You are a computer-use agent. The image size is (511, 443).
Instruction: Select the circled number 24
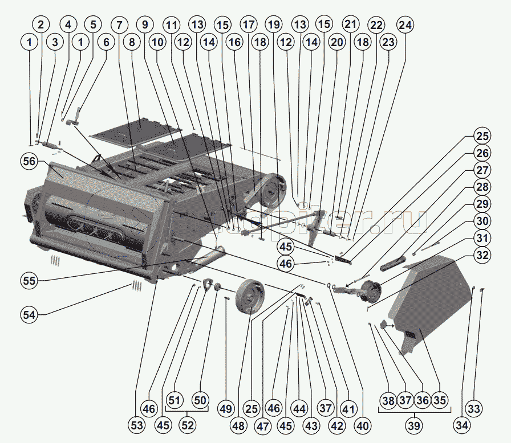pyautogui.click(x=405, y=25)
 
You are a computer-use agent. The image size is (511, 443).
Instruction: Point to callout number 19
pyautogui.click(x=274, y=25)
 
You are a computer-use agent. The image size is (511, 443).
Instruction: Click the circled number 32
pyautogui.click(x=483, y=255)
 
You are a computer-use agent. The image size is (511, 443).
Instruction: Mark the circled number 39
pyautogui.click(x=415, y=425)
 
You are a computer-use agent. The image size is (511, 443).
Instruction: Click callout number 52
pyautogui.click(x=186, y=425)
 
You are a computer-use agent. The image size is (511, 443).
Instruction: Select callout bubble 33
pyautogui.click(x=474, y=408)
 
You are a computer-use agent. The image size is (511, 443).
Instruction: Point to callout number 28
pyautogui.click(x=483, y=188)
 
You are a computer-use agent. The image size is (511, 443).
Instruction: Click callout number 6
pyautogui.click(x=105, y=42)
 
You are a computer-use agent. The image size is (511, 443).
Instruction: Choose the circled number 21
pyautogui.click(x=349, y=25)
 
